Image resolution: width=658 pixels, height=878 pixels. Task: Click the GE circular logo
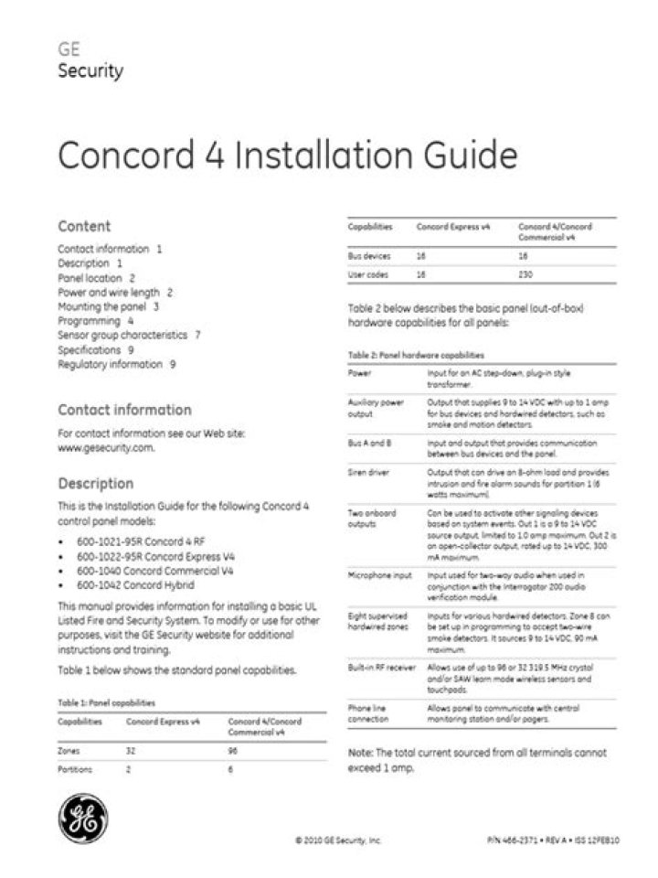84,817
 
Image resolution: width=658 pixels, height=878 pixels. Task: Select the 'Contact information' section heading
124,410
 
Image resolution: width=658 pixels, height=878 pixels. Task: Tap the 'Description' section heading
95,483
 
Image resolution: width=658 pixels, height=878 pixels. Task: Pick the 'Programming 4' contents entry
95,321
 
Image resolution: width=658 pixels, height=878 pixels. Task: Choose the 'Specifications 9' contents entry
95,349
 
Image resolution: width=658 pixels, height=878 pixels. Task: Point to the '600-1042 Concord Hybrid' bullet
135,584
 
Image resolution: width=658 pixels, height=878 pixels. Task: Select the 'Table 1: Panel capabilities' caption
106,702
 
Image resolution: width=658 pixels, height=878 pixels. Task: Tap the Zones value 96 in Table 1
233,750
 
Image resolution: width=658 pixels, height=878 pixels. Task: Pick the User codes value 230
525,274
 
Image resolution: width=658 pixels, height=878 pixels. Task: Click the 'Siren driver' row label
370,473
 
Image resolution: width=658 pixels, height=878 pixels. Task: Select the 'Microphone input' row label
377,575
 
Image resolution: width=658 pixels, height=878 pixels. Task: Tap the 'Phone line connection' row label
370,713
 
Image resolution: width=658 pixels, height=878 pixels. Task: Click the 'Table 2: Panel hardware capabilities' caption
416,355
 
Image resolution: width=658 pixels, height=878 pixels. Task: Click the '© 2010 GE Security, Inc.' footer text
338,840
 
